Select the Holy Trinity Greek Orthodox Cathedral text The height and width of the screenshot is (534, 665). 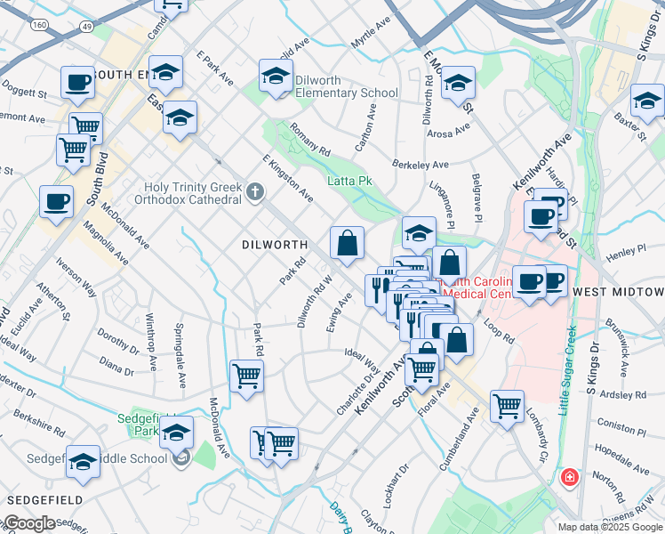(193, 193)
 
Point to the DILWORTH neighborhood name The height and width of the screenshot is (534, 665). (276, 244)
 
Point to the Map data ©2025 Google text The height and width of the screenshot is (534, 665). (610, 527)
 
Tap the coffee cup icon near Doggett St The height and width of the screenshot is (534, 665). (77, 83)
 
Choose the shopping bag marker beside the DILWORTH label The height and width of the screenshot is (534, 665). (347, 242)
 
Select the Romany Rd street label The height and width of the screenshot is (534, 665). (309, 139)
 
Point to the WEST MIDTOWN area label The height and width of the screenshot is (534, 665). (619, 292)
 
